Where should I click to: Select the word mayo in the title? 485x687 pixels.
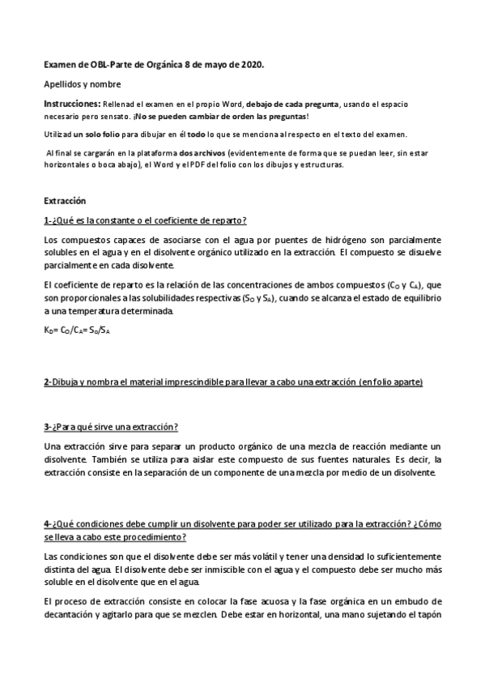[x=212, y=64]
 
